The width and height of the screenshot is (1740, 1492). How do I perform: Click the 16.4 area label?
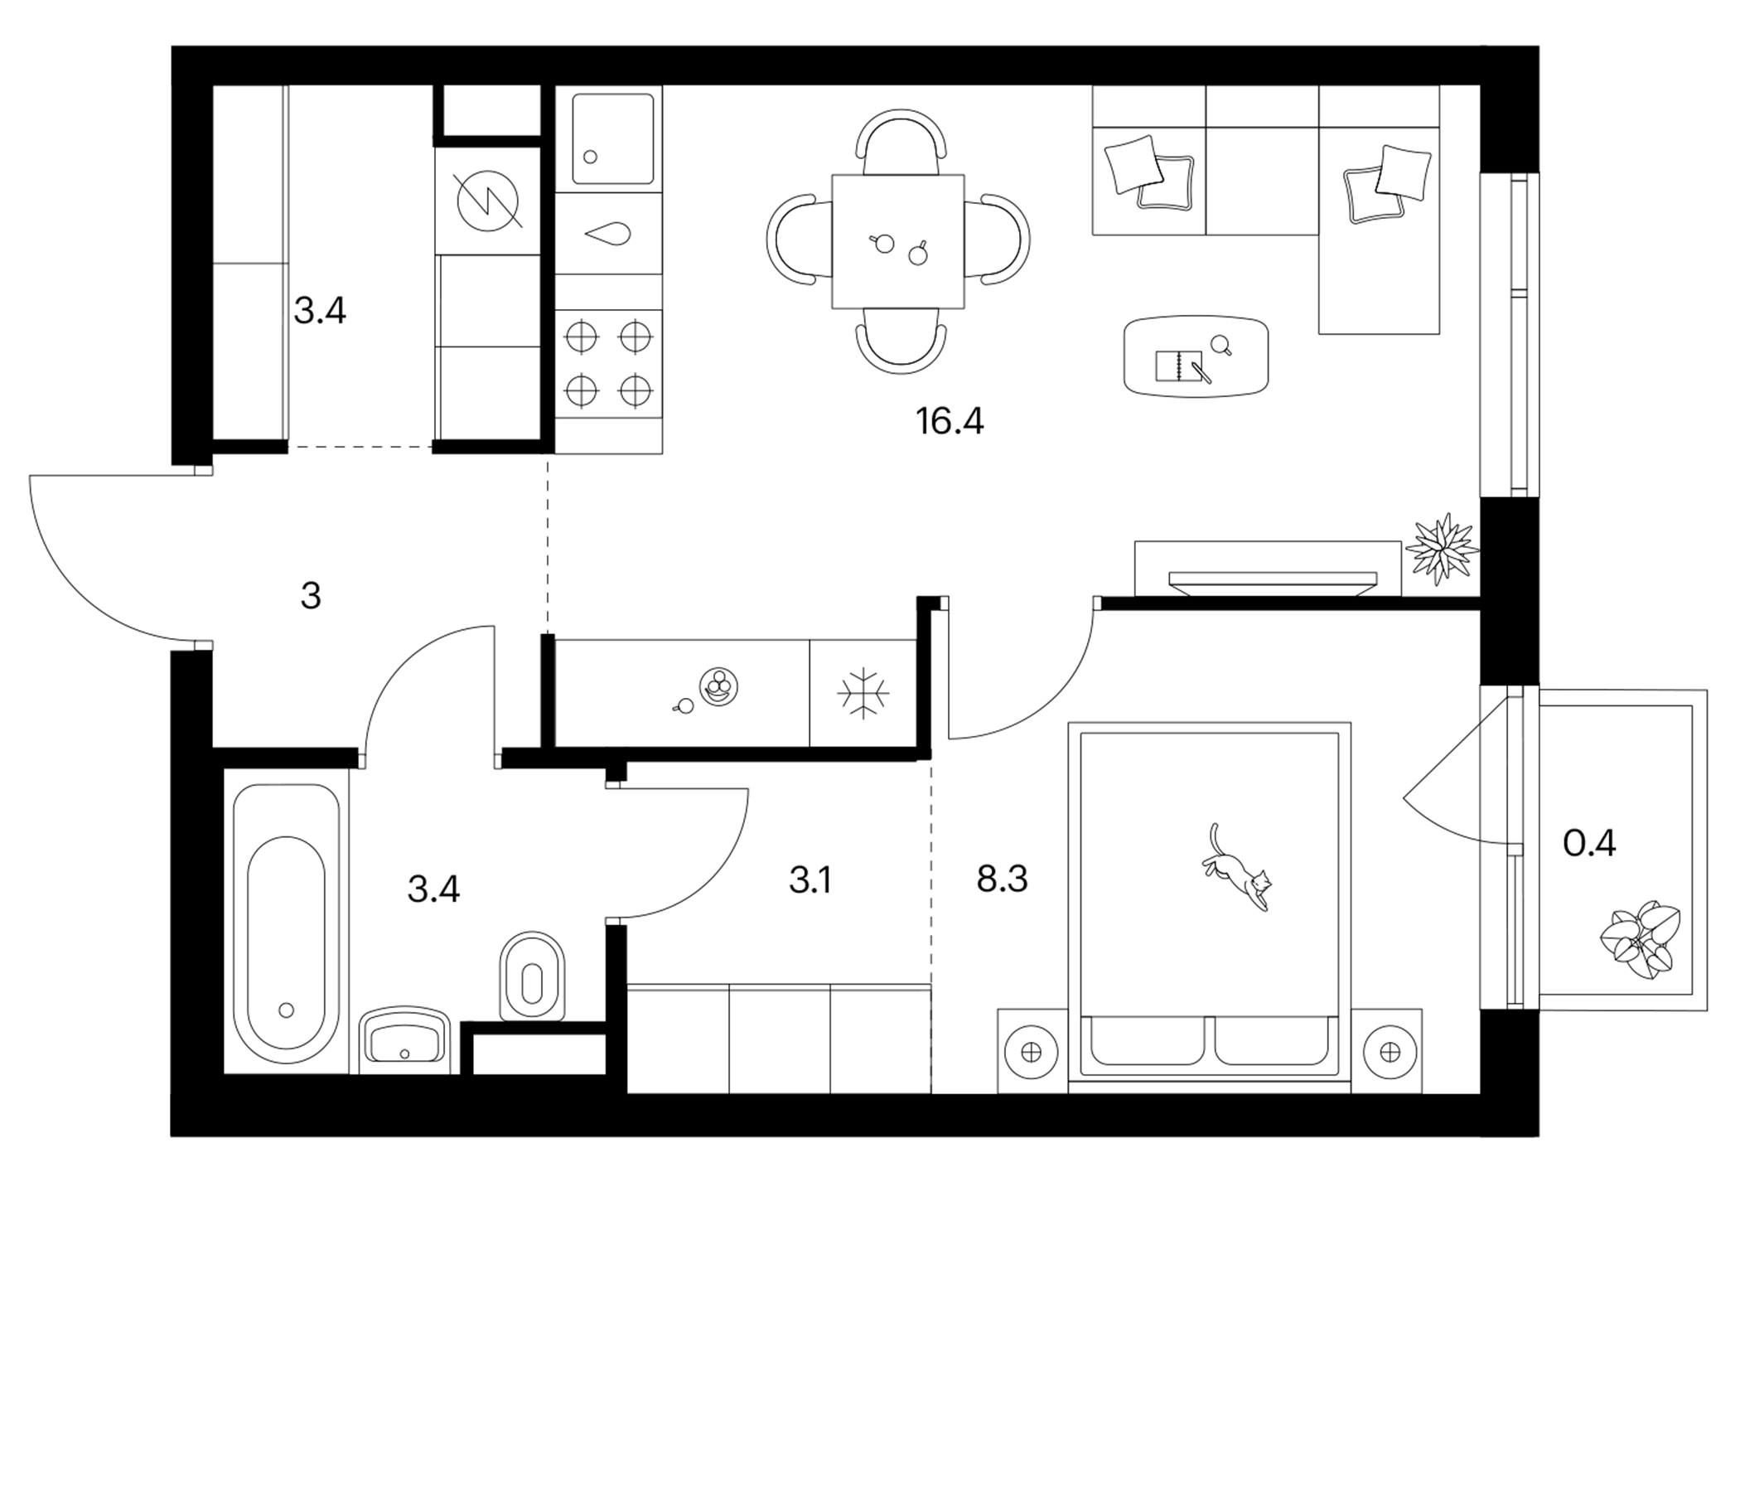click(950, 421)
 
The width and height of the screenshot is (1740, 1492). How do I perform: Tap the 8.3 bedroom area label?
click(1002, 879)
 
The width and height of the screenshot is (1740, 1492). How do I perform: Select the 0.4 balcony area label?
click(1590, 843)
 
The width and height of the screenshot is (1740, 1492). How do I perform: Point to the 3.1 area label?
click(810, 880)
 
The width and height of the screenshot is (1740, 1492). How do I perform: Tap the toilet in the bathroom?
click(533, 975)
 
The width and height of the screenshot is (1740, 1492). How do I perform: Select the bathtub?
click(287, 924)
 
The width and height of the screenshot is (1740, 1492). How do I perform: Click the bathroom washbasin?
click(405, 1039)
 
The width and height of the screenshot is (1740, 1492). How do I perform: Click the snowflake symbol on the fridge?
click(863, 694)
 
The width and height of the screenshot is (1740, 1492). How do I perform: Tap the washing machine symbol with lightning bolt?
click(487, 201)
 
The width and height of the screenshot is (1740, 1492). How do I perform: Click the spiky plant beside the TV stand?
click(1443, 549)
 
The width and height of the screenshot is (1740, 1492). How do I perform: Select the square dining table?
click(897, 241)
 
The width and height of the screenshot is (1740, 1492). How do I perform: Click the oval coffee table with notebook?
click(1196, 356)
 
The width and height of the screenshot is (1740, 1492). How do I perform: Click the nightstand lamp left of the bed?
click(1032, 1052)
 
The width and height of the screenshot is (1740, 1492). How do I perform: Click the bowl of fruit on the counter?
click(718, 686)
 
